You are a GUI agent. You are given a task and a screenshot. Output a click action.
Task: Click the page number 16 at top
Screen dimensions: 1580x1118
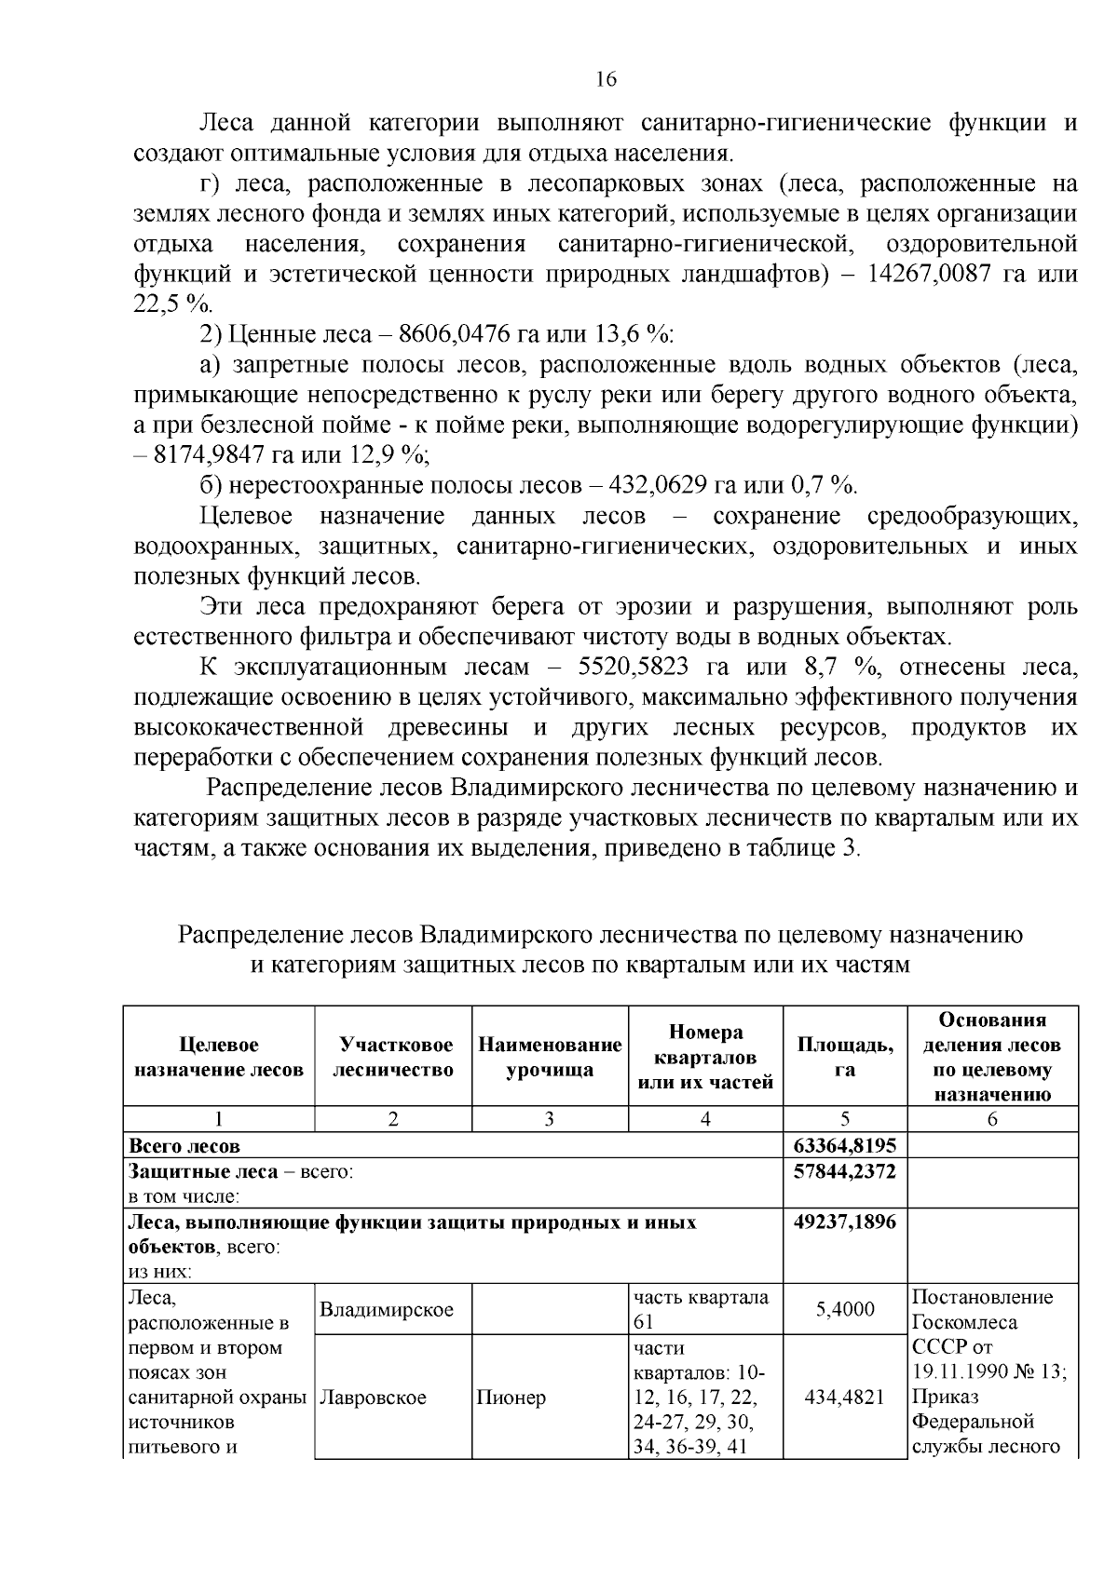point(606,79)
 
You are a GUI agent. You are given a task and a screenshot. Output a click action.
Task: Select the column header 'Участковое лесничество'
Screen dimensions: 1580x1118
point(393,1057)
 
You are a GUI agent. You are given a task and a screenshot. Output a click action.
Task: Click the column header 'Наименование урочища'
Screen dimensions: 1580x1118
point(550,1057)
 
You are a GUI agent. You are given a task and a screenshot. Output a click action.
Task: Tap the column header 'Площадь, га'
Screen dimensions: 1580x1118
point(844,1057)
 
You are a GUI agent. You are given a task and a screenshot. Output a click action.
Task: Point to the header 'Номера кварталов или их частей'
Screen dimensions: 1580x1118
point(705,1057)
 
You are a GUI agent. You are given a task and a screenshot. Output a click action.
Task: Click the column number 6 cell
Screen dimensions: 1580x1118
point(991,1119)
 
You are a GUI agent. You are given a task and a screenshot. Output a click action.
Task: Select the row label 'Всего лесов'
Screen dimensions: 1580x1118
point(184,1145)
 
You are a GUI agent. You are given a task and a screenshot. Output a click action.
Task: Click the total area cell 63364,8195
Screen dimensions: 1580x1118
point(844,1145)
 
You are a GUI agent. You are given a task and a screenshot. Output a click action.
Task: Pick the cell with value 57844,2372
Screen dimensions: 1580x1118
point(844,1171)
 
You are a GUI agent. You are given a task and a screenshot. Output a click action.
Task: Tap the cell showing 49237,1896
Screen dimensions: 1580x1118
point(844,1222)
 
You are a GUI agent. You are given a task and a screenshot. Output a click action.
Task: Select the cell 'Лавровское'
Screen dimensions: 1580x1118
point(374,1398)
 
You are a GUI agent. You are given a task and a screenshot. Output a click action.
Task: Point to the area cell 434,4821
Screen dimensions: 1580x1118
point(844,1398)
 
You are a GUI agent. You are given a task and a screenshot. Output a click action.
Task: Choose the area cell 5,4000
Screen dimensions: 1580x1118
point(844,1310)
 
